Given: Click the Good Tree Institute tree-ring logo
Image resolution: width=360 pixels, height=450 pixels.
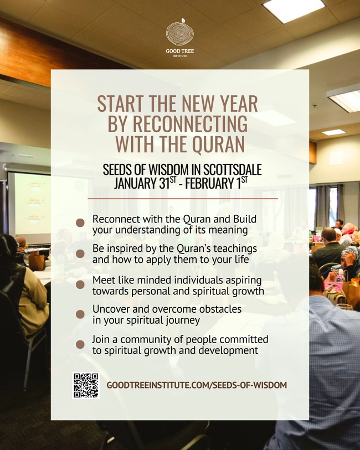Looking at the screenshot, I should click(179, 33).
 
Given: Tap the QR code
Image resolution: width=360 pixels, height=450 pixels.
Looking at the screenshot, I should click(86, 385).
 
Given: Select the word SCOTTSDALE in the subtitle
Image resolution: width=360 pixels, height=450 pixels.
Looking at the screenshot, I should click(229, 169).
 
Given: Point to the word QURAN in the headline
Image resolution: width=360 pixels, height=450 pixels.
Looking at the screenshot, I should click(218, 144).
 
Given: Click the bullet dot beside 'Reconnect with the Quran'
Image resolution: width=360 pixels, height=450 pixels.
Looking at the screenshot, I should click(80, 223).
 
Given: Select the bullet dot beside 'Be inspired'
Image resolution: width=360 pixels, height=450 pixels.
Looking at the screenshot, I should click(80, 254).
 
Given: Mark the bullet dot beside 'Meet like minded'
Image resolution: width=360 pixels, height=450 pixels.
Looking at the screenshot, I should click(80, 285).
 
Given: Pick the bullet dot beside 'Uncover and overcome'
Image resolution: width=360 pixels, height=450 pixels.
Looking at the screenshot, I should click(80, 313).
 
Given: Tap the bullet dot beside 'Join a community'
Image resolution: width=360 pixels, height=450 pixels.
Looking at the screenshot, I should click(80, 344).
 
